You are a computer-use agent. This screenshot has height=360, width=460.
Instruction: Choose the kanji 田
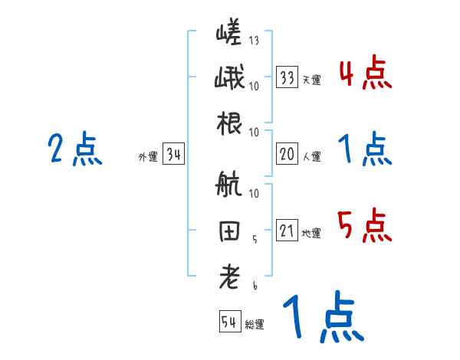pyautogui.click(x=229, y=231)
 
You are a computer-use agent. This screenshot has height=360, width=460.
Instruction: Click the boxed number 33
pyautogui.click(x=287, y=77)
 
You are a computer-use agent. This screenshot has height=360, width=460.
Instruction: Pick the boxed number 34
pyautogui.click(x=173, y=155)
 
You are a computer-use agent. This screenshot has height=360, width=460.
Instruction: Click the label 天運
pyautogui.click(x=311, y=80)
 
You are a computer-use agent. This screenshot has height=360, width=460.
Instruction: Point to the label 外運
pyautogui.click(x=147, y=157)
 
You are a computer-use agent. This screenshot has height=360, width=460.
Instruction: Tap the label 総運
pyautogui.click(x=255, y=325)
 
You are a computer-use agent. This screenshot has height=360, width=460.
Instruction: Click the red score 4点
pyautogui.click(x=364, y=74)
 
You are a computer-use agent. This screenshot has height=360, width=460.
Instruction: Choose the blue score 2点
pyautogui.click(x=74, y=150)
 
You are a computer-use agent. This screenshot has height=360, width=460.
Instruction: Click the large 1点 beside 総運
pyautogui.click(x=321, y=319)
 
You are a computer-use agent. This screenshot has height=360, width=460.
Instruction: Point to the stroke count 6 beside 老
pyautogui.click(x=255, y=285)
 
